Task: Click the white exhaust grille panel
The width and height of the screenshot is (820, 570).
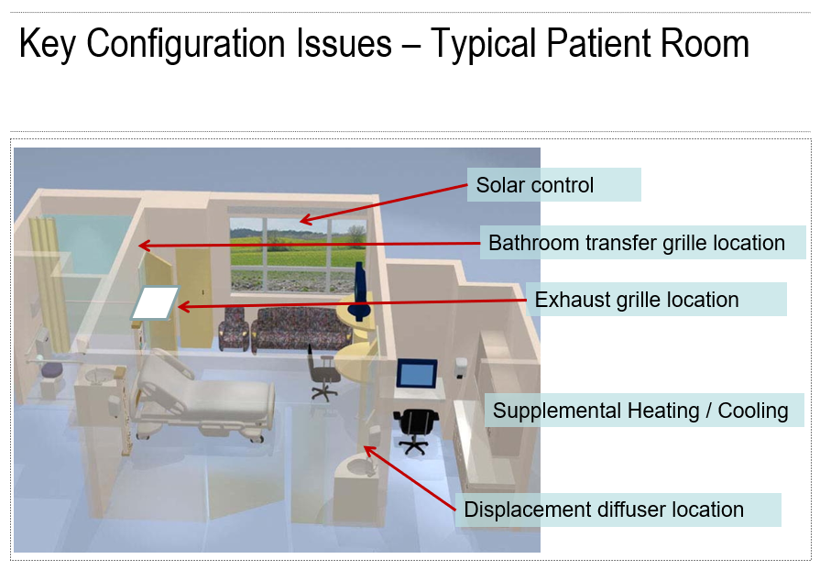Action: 155,302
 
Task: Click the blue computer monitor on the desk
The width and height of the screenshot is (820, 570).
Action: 417,373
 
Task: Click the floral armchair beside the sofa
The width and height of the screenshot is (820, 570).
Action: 234,329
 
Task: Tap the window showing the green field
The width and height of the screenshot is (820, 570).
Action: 298,255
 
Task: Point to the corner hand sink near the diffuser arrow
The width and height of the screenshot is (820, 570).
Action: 359,466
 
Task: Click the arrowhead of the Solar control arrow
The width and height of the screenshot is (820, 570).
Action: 305,221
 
